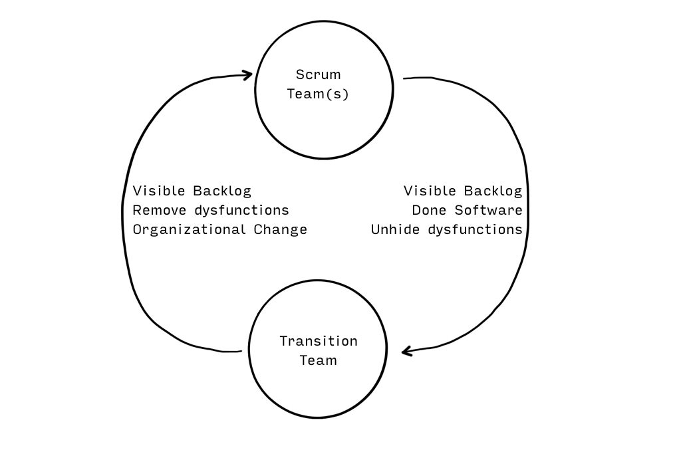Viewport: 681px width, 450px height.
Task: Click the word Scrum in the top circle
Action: coord(319,74)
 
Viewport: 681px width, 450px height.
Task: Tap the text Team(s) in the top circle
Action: coord(318,94)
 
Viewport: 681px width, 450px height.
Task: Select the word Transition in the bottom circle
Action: coord(319,341)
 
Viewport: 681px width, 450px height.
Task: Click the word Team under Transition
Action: coord(319,361)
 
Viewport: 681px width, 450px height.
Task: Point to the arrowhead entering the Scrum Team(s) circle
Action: coord(247,75)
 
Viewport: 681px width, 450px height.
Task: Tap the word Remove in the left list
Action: coord(160,211)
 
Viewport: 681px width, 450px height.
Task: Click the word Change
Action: coord(281,230)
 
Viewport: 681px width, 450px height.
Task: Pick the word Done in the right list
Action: coord(430,211)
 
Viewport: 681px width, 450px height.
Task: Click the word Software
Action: coord(489,211)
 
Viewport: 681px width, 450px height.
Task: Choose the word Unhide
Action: coord(395,229)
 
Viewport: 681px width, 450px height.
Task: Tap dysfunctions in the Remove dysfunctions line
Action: coord(241,211)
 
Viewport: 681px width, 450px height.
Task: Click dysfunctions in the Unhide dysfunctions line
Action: coord(475,229)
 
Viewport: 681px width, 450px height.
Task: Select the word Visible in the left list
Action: coord(159,191)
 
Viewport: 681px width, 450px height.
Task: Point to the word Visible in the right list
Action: coord(430,191)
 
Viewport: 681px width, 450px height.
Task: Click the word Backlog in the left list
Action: coord(222,191)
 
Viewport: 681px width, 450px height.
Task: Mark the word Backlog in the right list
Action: coord(493,191)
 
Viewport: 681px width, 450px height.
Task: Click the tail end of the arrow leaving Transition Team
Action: coord(241,351)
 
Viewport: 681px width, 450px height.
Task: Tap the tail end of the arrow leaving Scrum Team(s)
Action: coord(404,78)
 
